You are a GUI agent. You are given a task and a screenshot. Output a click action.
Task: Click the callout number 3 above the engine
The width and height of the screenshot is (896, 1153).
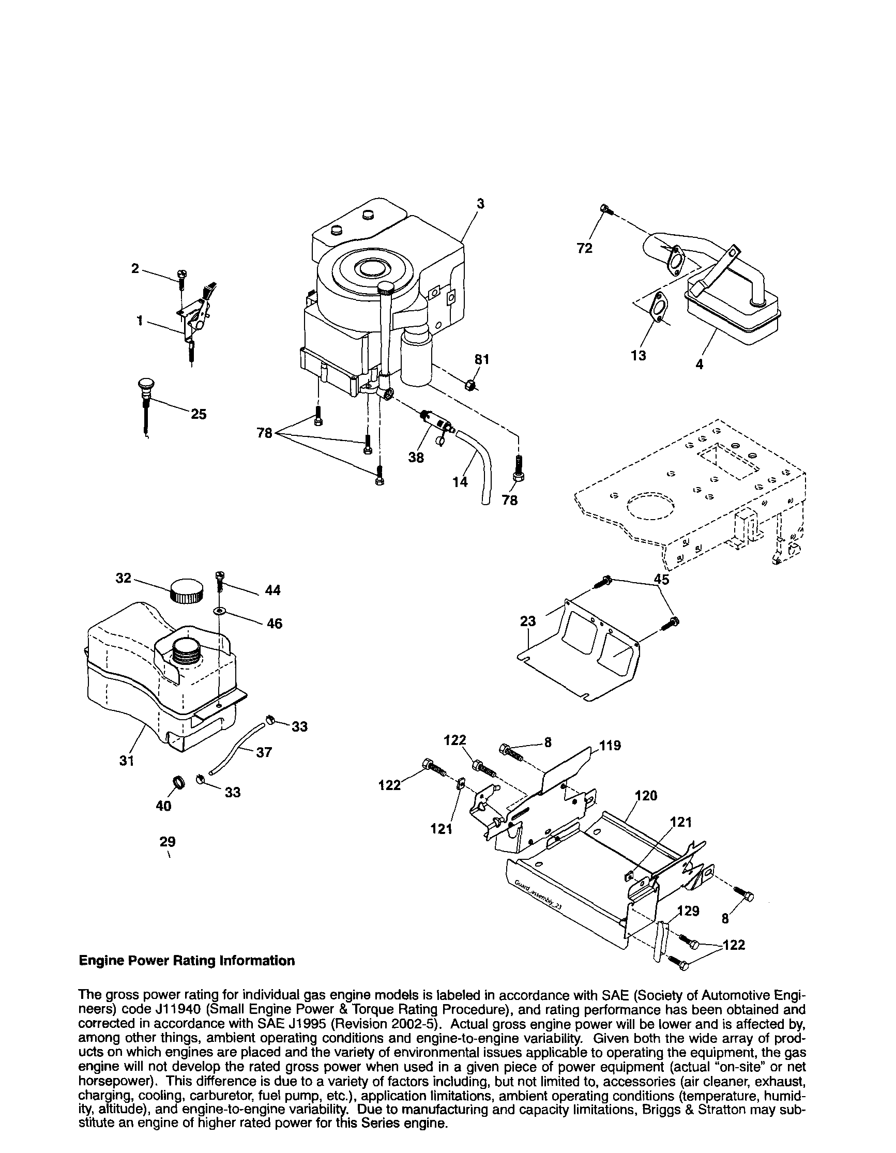[480, 204]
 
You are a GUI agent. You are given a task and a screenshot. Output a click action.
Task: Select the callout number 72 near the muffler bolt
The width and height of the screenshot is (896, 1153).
[584, 248]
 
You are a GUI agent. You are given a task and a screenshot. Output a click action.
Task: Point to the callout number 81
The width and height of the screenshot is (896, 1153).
[481, 359]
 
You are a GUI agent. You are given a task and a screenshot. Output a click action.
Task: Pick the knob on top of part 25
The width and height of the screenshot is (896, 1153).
[145, 384]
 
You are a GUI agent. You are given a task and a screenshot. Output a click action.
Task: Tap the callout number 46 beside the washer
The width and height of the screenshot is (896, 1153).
[275, 624]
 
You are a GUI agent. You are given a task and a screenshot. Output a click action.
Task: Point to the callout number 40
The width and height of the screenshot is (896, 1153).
[164, 806]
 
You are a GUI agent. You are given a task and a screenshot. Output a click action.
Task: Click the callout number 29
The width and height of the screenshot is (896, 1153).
[168, 841]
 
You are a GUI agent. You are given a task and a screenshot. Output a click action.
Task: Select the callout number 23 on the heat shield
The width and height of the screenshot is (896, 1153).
[527, 621]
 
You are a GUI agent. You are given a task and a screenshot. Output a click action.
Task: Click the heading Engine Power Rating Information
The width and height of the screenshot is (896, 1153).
[186, 960]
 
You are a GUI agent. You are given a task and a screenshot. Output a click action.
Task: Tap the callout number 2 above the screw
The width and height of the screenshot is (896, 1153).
[135, 268]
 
